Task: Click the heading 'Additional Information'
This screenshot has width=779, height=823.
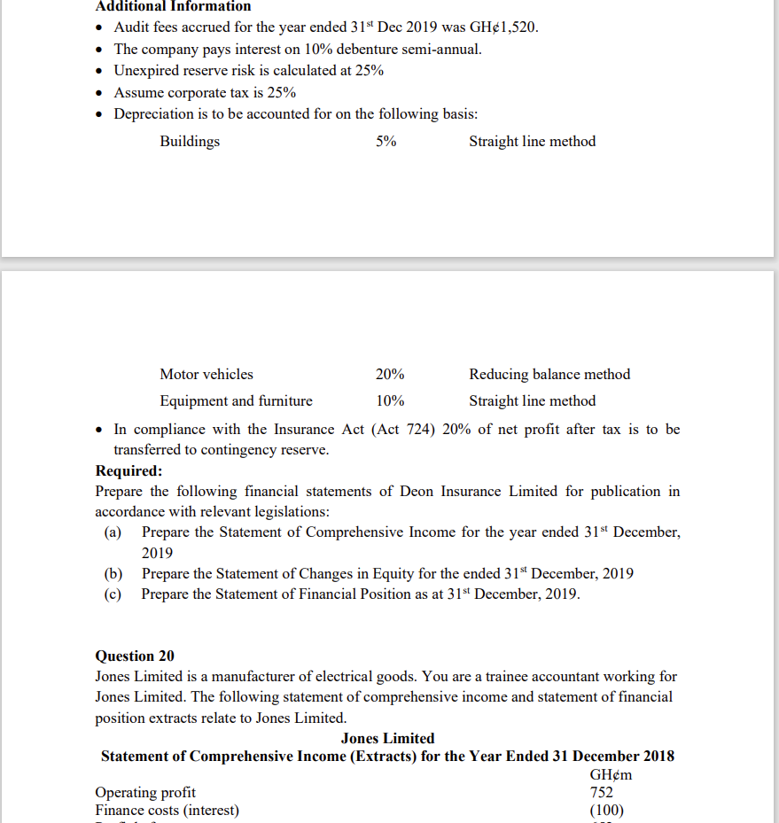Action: pos(173,6)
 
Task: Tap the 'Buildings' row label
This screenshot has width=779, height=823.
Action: pos(190,141)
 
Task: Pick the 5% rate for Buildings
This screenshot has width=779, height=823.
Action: pos(386,141)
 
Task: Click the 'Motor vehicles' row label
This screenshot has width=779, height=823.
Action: pos(206,374)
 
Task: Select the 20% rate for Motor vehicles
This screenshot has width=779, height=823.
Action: pos(390,374)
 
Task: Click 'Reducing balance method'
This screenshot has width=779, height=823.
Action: pos(549,374)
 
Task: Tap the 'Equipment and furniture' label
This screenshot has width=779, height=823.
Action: pos(236,400)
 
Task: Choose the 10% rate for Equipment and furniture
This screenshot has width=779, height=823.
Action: pos(390,400)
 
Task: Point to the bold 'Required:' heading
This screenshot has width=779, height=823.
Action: pos(129,470)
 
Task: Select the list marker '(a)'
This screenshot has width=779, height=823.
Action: pos(113,532)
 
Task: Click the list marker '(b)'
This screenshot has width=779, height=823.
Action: pos(113,573)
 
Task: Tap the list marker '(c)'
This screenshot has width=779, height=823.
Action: pos(113,594)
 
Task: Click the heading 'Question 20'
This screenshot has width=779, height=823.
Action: pos(135,656)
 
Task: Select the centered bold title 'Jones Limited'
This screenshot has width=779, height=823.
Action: pos(387,738)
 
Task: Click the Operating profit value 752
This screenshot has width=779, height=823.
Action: pos(601,792)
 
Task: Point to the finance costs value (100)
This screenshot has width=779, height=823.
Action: pos(606,810)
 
